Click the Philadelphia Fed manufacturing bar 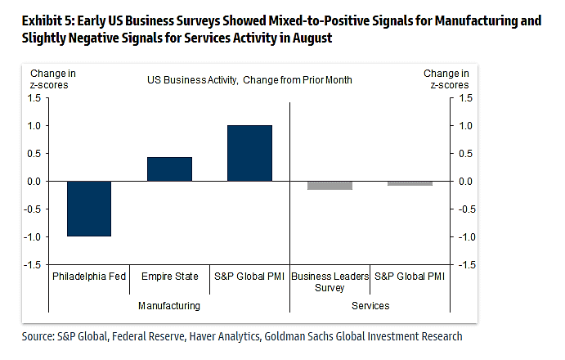click(89, 208)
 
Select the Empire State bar click(169, 169)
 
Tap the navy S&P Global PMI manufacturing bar click(250, 153)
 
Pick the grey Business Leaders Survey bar click(330, 185)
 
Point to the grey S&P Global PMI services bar click(410, 183)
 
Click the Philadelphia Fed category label click(89, 277)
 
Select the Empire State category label click(169, 277)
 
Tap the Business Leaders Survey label click(330, 282)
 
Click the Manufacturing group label click(169, 306)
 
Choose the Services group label click(370, 306)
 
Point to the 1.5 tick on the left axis click(34, 98)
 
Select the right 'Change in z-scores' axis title click(442, 79)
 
